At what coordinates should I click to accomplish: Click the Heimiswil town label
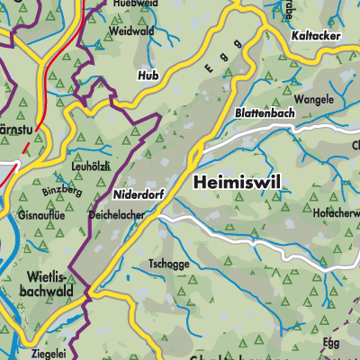click(x=237, y=183)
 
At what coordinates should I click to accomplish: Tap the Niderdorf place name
click(x=139, y=193)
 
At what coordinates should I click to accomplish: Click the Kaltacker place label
click(x=315, y=35)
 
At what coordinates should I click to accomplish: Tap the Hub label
click(x=148, y=76)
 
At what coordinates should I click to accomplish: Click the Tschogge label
click(x=170, y=265)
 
